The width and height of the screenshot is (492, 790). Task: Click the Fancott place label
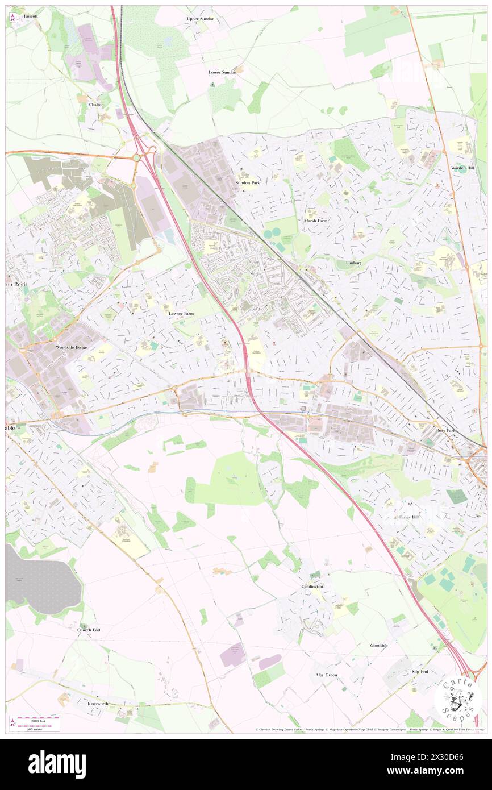(x=31, y=16)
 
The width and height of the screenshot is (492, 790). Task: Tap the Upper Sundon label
(x=201, y=19)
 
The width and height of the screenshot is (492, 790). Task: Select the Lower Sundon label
(x=222, y=73)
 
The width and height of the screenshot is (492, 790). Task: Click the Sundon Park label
(x=248, y=183)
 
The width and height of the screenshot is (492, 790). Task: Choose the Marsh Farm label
(x=316, y=221)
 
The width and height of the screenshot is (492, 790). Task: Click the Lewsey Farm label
(x=181, y=313)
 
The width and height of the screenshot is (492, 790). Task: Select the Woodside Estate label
(x=73, y=347)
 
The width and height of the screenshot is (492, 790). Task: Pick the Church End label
(x=89, y=630)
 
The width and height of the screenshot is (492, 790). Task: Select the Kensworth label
(x=98, y=704)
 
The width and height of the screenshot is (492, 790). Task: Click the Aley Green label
(x=326, y=675)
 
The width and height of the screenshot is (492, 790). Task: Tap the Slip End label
(x=420, y=672)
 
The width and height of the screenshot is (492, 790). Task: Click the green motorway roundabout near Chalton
(x=137, y=157)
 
